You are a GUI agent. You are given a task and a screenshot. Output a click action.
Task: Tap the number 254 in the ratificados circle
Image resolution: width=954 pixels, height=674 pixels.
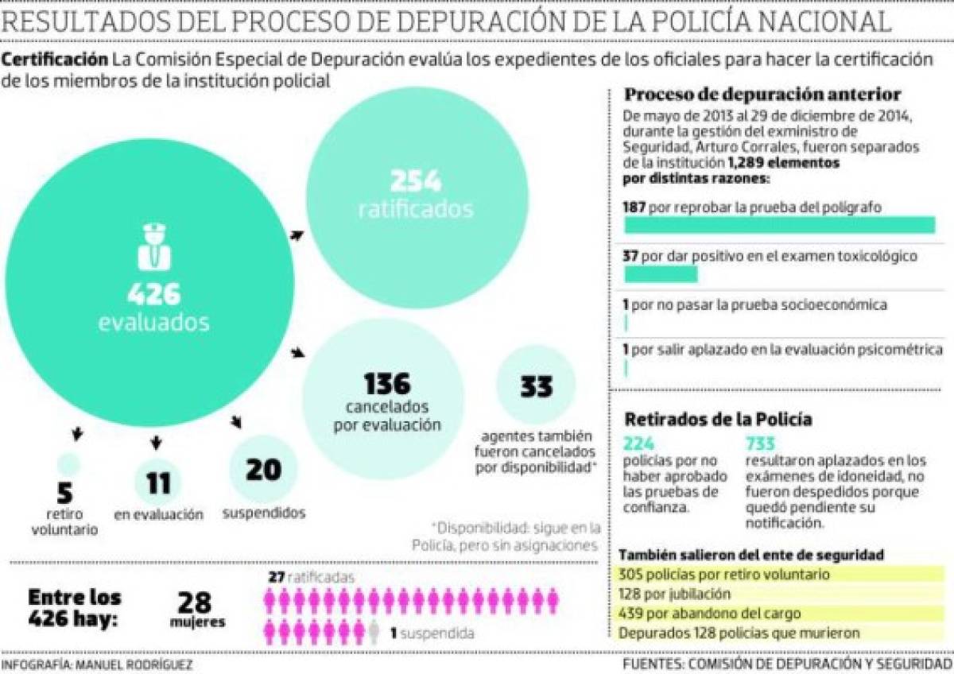click(x=416, y=181)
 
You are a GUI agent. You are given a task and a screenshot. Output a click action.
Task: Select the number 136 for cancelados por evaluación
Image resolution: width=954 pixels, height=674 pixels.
click(x=387, y=384)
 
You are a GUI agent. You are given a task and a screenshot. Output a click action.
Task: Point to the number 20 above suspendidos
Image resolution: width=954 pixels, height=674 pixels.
click(x=263, y=470)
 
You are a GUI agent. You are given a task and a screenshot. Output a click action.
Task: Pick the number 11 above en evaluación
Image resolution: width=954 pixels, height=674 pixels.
click(x=157, y=482)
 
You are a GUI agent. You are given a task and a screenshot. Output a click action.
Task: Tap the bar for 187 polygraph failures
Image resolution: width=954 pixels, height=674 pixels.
click(x=779, y=226)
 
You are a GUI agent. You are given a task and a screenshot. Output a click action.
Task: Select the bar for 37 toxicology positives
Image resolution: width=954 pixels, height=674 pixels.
click(x=661, y=275)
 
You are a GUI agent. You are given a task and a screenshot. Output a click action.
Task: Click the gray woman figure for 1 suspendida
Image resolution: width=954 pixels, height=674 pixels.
click(x=374, y=632)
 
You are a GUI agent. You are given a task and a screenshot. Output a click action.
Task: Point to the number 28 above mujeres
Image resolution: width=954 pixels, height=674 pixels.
click(x=195, y=602)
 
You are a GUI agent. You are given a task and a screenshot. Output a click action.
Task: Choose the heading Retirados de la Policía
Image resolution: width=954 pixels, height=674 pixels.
click(x=718, y=419)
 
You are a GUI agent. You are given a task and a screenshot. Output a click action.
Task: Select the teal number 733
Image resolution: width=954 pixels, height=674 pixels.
click(x=760, y=444)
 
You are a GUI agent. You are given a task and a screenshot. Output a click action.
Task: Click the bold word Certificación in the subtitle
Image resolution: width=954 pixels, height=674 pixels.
click(x=55, y=60)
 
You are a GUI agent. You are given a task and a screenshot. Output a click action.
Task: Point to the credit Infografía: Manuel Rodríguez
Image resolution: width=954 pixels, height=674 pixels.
click(x=96, y=664)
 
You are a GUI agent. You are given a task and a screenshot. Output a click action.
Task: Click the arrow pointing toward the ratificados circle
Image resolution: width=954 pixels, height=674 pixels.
click(x=297, y=234)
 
